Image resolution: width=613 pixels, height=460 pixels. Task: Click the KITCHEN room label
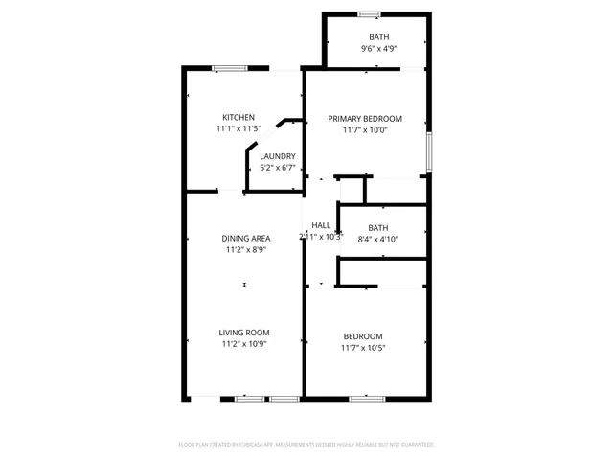pos(238,117)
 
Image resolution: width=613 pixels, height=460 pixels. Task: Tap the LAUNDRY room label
pos(278,156)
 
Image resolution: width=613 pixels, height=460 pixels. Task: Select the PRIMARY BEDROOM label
pos(365,119)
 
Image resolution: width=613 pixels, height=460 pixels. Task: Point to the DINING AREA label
pos(245,239)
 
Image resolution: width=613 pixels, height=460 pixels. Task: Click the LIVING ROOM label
pos(245,333)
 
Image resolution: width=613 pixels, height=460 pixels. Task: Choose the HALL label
pos(320,225)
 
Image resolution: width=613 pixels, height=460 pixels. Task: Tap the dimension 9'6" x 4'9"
pos(379,48)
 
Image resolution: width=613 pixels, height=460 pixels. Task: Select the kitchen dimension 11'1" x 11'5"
pos(238,128)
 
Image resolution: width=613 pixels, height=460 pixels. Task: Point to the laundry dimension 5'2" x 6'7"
pos(278,168)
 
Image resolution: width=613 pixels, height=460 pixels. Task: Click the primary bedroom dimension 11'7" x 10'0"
pos(365,130)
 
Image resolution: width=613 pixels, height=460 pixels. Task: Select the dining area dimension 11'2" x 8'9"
pos(245,249)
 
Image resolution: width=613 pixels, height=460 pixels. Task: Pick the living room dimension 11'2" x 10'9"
pos(245,343)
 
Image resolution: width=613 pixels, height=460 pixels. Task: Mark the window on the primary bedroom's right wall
pos(428,151)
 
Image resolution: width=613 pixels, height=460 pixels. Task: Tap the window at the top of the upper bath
pos(370,13)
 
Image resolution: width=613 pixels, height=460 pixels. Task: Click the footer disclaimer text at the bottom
pos(306,445)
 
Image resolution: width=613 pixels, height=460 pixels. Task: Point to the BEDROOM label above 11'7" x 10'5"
pos(364,336)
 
